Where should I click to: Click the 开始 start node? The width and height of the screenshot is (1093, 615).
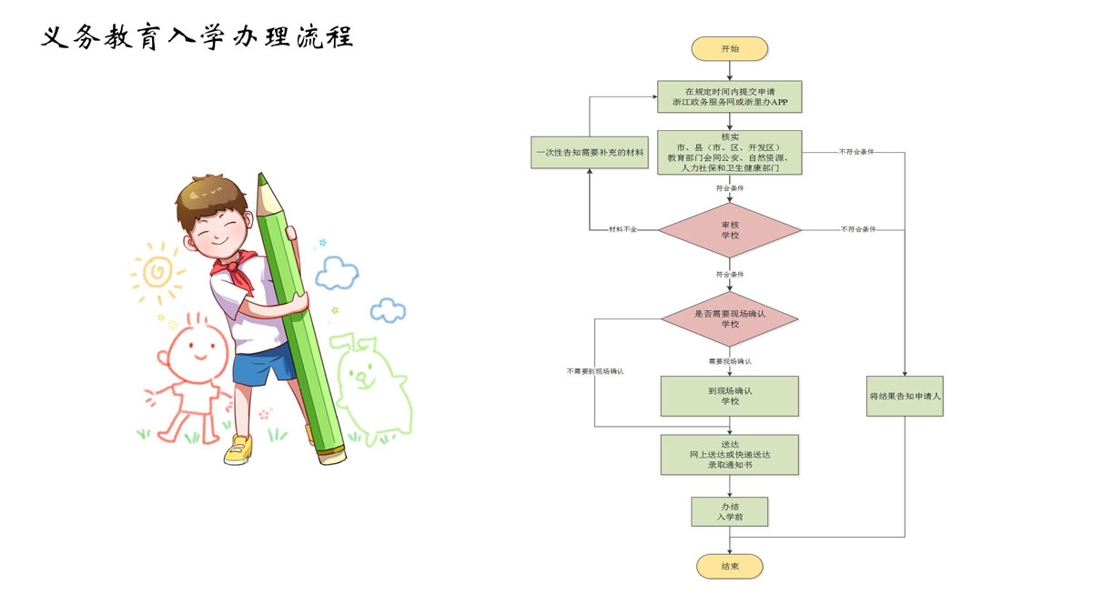[729, 49]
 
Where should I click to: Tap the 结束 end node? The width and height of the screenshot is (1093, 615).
[729, 566]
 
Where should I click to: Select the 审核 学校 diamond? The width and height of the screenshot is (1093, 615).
[729, 229]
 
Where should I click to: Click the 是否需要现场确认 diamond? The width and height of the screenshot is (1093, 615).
[729, 318]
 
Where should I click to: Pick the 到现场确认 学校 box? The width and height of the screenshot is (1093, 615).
[729, 396]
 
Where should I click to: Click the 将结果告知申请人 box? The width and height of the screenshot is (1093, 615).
[905, 396]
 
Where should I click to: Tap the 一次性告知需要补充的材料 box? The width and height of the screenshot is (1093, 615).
[588, 152]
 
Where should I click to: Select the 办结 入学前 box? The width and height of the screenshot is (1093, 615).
[729, 511]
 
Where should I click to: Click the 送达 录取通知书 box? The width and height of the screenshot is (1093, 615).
[729, 454]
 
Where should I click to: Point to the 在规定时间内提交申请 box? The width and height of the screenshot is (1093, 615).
[729, 97]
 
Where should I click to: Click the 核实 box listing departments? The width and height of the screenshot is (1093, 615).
[729, 152]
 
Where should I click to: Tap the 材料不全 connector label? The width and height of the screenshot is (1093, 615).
[622, 229]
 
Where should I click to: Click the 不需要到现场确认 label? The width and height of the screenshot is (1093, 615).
[595, 371]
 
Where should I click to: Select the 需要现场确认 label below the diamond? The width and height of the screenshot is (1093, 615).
[729, 361]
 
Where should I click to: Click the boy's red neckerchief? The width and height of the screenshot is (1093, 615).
[234, 270]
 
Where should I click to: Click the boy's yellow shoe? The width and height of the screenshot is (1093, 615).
[238, 449]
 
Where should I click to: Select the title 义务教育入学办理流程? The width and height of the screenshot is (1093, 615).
[197, 38]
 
